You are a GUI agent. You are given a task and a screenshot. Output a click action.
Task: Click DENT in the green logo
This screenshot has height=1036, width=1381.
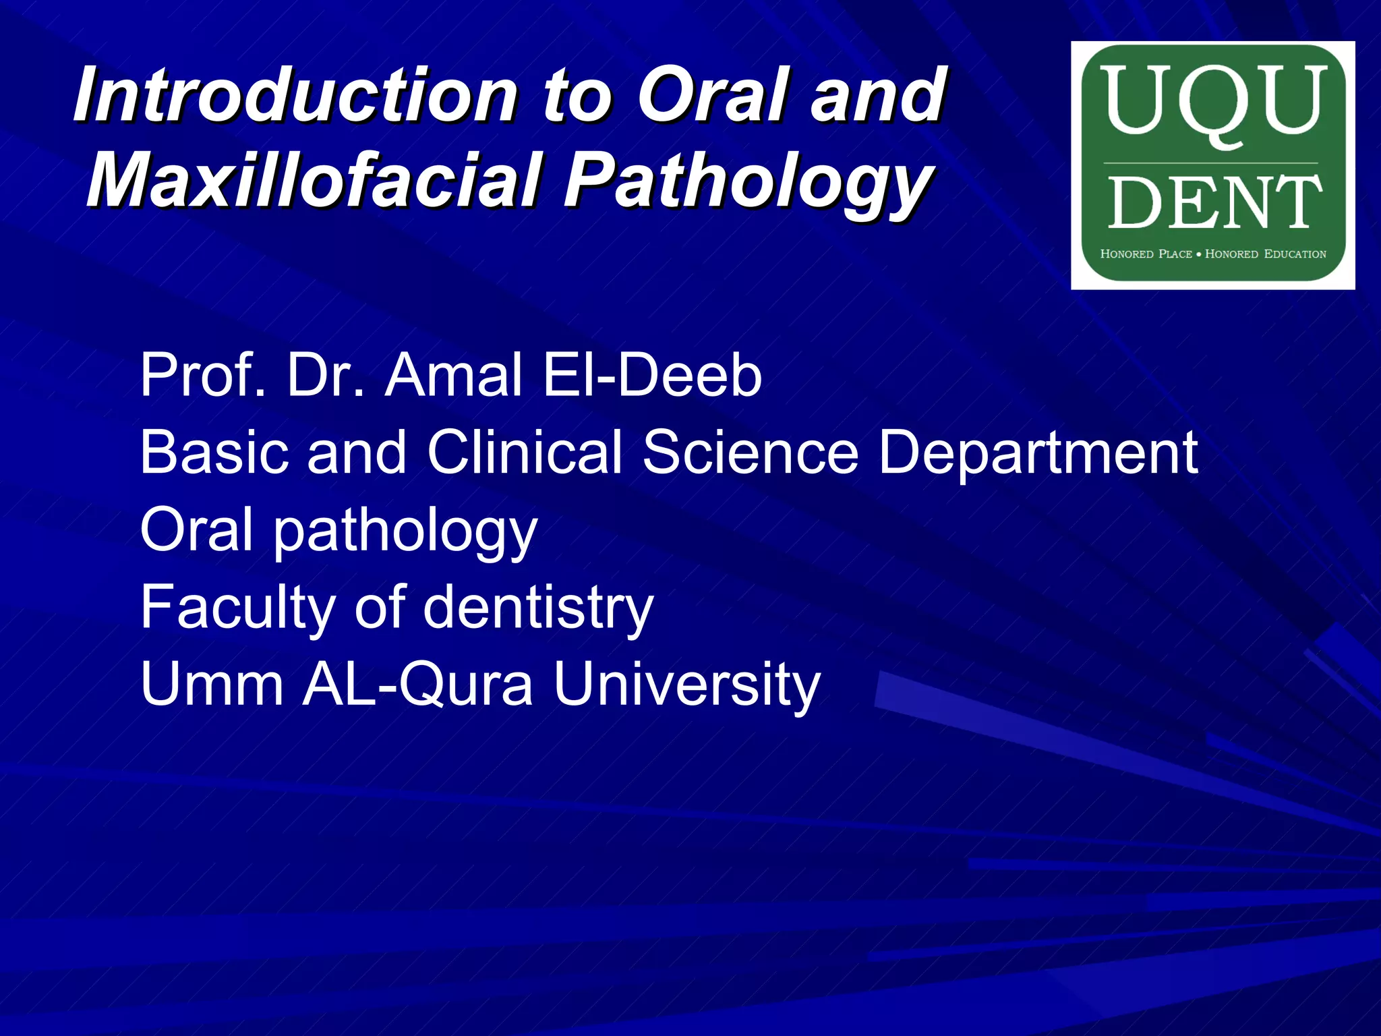click(x=1212, y=202)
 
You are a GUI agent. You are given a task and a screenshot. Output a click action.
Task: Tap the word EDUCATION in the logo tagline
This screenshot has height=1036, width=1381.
click(x=1295, y=254)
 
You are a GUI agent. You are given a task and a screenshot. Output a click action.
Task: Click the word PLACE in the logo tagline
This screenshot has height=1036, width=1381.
click(x=1175, y=254)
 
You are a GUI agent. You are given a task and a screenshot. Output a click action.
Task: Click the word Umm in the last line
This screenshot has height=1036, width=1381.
click(x=212, y=684)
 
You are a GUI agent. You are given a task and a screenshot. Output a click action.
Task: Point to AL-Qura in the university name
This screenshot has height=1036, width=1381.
click(x=418, y=684)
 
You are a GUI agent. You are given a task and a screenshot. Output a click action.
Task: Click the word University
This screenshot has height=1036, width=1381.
click(x=686, y=684)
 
